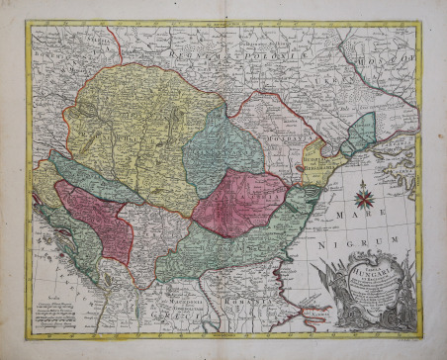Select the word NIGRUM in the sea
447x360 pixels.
pyautogui.click(x=372, y=238)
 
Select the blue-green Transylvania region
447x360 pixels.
pyautogui.click(x=223, y=149)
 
